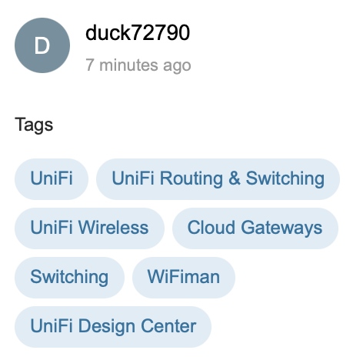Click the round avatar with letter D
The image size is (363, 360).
(42, 45)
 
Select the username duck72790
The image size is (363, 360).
(138, 33)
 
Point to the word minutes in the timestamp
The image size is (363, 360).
(128, 65)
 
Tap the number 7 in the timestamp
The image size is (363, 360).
(90, 65)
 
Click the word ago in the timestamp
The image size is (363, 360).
(177, 66)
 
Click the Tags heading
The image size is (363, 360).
(34, 125)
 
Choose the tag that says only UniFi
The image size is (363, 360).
(52, 179)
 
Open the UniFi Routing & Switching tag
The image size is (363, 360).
(218, 179)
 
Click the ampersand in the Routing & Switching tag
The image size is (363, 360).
(235, 178)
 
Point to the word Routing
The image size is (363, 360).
(191, 179)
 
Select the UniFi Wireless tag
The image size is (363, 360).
(89, 228)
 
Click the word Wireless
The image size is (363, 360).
(113, 228)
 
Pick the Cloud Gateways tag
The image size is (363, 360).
(255, 228)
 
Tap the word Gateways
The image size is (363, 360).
(281, 228)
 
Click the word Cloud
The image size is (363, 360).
(211, 228)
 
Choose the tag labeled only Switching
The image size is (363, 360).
(69, 278)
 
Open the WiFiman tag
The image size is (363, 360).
(184, 278)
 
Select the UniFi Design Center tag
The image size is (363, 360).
(113, 327)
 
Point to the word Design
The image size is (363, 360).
(107, 327)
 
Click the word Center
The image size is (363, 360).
(168, 326)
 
